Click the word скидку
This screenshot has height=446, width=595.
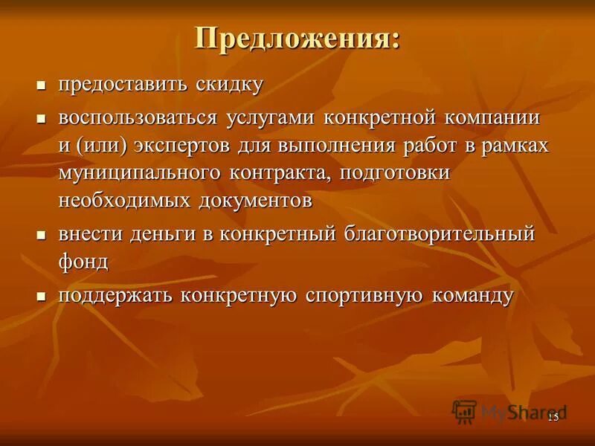pos(230,84)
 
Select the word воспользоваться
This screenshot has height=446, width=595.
pos(138,119)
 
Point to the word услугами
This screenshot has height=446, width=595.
pos(271,119)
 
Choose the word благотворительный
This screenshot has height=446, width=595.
pos(439,234)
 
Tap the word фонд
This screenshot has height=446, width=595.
pos(84,261)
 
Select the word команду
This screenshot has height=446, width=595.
pos(469,295)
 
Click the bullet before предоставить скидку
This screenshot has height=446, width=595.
pos(42,85)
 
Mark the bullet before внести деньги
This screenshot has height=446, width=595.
pos(42,235)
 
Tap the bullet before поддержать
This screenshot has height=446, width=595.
pos(42,296)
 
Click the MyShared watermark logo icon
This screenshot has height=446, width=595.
pos(464,411)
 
